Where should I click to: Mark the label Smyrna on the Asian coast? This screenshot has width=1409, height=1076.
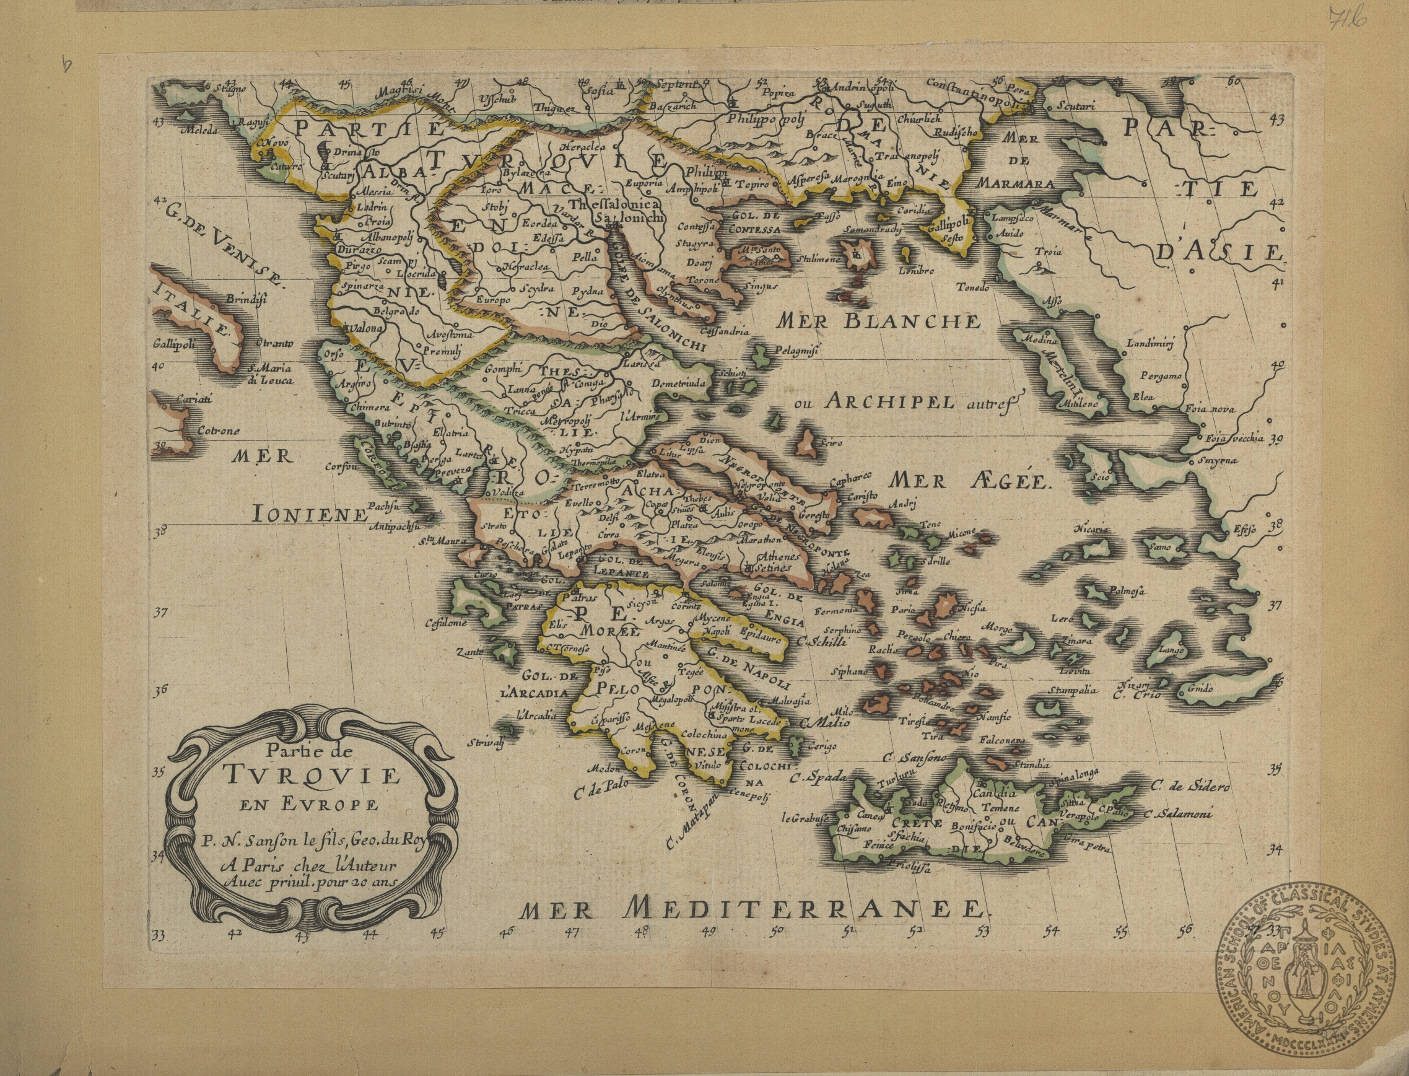[1219, 460]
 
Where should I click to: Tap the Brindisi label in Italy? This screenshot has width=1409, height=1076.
[246, 299]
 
